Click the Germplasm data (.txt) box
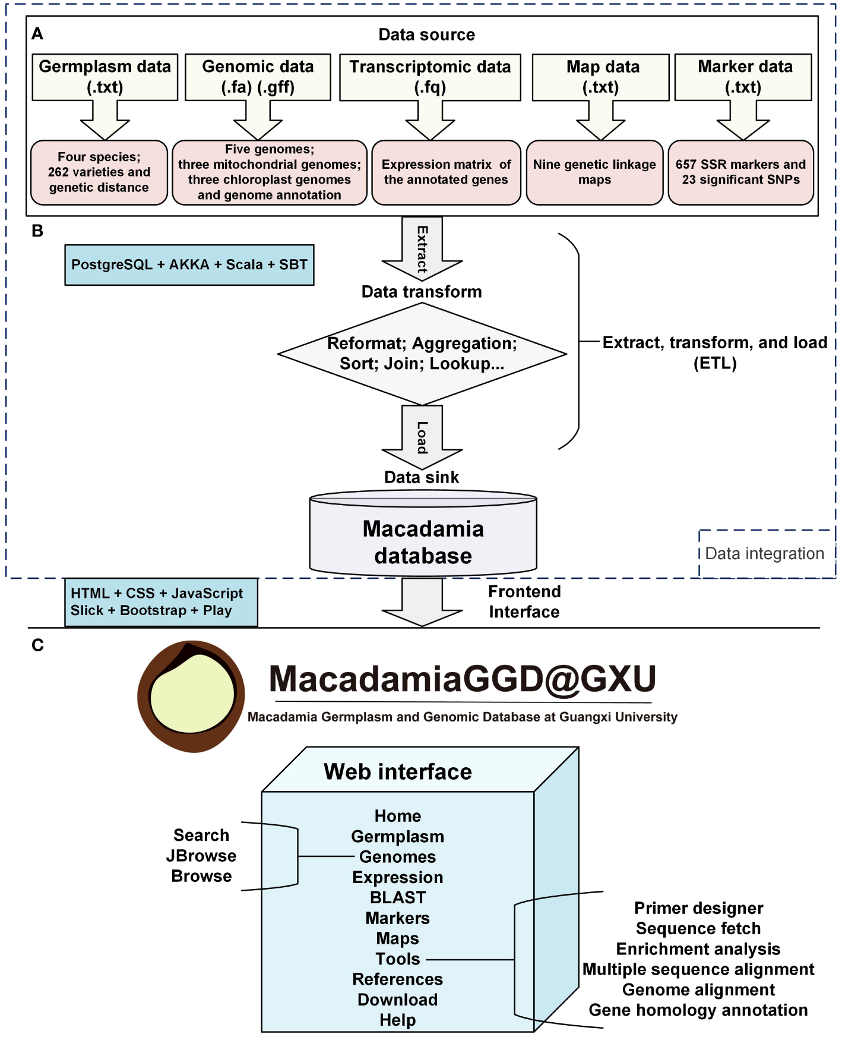[105, 77]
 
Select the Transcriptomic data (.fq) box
[430, 77]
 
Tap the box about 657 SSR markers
[740, 172]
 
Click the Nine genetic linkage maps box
[594, 172]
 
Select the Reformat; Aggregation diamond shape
[422, 354]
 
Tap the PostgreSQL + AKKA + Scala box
[189, 265]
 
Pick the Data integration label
[764, 553]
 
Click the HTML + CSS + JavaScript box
[160, 602]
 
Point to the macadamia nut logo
[191, 696]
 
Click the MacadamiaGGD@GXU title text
[463, 679]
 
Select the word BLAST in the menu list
[398, 897]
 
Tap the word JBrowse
[201, 856]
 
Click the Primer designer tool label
[698, 908]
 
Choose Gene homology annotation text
[698, 1010]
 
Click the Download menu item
[398, 1000]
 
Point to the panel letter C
[37, 645]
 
